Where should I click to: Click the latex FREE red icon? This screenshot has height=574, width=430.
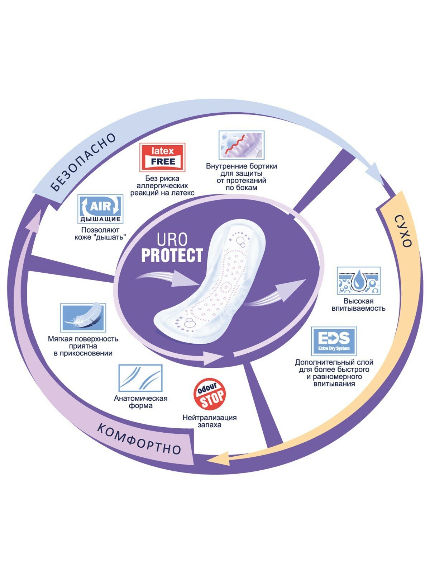(x=162, y=157)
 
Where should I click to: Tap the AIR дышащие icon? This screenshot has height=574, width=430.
(x=100, y=209)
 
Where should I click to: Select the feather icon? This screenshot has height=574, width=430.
(x=83, y=317)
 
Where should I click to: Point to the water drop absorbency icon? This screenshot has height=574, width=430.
(x=358, y=281)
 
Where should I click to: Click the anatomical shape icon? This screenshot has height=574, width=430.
(x=140, y=378)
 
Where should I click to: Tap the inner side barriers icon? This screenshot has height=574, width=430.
(x=242, y=145)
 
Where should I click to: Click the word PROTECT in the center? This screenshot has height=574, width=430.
(x=172, y=255)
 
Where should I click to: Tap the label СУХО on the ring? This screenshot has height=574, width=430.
(x=402, y=231)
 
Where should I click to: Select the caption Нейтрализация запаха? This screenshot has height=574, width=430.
(x=210, y=421)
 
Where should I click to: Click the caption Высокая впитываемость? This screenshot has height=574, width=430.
(x=358, y=305)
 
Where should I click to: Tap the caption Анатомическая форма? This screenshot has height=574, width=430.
(x=140, y=402)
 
